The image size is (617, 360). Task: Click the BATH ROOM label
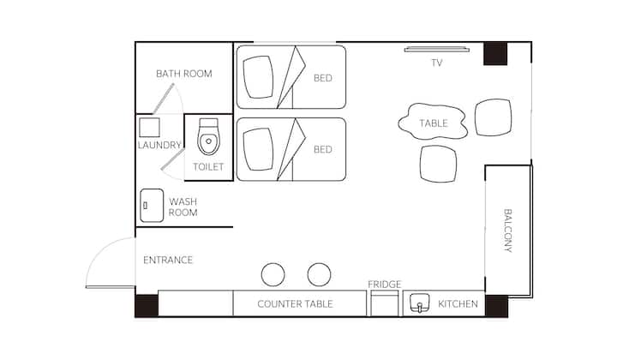pyautogui.click(x=183, y=74)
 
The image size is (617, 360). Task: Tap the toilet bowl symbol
pyautogui.click(x=208, y=136)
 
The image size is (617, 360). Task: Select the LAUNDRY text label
pyautogui.click(x=159, y=145)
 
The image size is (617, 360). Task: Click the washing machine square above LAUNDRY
pyautogui.click(x=149, y=128)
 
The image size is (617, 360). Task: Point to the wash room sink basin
pyautogui.click(x=152, y=206)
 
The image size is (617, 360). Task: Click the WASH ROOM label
pyautogui.click(x=183, y=207)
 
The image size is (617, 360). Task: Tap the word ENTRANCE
pyautogui.click(x=168, y=260)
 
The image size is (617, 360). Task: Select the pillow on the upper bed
pyautogui.click(x=258, y=77)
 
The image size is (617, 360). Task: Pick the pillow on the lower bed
pyautogui.click(x=258, y=149)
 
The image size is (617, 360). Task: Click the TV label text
pyautogui.click(x=437, y=63)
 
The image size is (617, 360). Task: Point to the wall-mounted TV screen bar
pyautogui.click(x=437, y=49)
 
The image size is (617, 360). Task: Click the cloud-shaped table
pyautogui.click(x=433, y=122)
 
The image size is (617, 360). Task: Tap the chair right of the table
pyautogui.click(x=493, y=117)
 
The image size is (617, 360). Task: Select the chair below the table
pyautogui.click(x=439, y=164)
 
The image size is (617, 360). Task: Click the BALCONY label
pyautogui.click(x=508, y=231)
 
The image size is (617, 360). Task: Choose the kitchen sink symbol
pyautogui.click(x=419, y=303)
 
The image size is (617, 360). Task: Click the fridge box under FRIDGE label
pyautogui.click(x=385, y=303)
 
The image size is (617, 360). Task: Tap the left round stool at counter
pyautogui.click(x=273, y=274)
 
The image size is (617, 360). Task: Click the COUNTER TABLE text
pyautogui.click(x=295, y=303)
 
